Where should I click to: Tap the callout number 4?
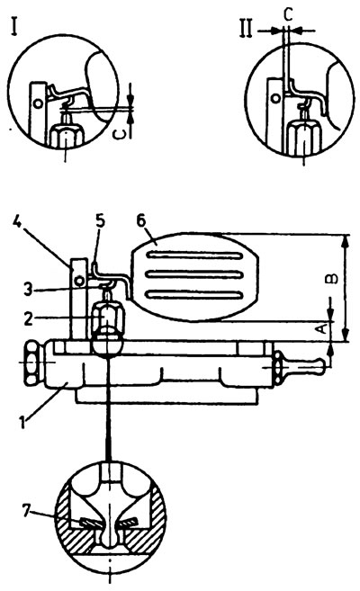[16, 223]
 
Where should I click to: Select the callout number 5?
[100, 221]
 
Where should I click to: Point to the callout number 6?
[140, 221]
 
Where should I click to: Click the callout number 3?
[28, 290]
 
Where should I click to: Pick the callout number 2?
[28, 318]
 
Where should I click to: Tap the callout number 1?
[23, 422]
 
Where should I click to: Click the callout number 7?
[26, 512]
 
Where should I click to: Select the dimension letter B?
[331, 279]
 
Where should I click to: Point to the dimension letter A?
[320, 328]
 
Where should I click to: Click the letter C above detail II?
[287, 15]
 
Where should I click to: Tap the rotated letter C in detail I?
[119, 132]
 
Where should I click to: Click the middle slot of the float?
[193, 274]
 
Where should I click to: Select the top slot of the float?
[193, 255]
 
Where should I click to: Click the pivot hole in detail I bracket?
[38, 103]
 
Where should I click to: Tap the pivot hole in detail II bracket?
[276, 99]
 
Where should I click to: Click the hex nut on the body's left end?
[31, 363]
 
